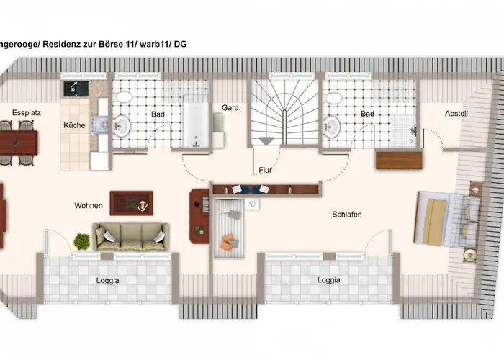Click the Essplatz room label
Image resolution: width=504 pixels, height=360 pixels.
27,112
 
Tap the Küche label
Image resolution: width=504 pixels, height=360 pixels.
74,125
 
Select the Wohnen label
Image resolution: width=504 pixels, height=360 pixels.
89,205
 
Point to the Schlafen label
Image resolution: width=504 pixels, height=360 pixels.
347,214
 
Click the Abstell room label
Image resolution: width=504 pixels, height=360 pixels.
456,113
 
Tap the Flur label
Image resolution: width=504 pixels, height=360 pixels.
265,170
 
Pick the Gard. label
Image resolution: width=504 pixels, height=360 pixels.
231,108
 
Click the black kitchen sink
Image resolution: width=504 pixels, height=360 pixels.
76,89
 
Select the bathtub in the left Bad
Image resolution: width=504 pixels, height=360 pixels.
196,121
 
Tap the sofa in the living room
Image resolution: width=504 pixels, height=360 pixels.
131,237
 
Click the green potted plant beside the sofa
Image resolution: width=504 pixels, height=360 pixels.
82,241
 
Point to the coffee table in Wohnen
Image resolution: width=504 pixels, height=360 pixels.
132,203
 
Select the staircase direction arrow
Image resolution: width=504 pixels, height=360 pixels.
266,141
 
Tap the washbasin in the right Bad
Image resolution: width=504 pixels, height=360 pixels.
332,126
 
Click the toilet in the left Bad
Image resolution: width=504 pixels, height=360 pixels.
124,97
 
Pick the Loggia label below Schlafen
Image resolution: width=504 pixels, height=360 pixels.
328,280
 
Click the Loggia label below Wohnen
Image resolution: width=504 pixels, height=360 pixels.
108,280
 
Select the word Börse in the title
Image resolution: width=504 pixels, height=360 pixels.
111,44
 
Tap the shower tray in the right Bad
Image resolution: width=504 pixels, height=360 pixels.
404,132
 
